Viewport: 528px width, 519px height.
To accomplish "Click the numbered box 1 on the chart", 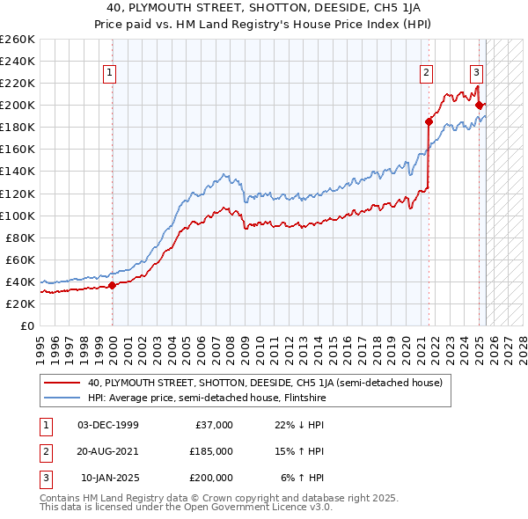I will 110,74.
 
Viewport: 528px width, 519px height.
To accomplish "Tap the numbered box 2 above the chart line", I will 426,74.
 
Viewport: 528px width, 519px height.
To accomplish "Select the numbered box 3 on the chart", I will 476,74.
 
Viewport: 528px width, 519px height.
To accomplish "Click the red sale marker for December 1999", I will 113,285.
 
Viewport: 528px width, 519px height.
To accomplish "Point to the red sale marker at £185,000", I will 429,121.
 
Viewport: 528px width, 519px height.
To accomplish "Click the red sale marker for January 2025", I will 479,105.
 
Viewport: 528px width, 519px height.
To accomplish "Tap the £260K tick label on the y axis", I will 18,40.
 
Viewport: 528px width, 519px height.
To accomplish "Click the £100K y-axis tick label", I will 18,216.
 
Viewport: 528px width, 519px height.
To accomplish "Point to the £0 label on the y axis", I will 27,325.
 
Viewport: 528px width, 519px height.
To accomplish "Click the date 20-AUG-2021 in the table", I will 108,451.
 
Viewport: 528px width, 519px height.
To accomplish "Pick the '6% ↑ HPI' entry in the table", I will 304,478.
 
